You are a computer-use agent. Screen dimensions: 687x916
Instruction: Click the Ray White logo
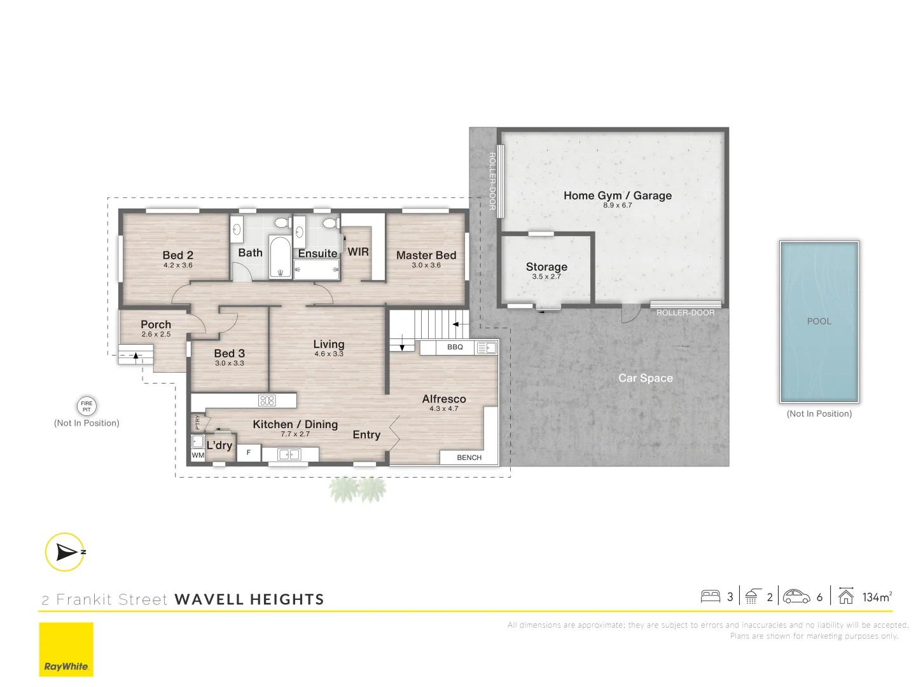pos(66,649)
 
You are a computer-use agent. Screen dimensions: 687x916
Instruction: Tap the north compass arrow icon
pos(65,552)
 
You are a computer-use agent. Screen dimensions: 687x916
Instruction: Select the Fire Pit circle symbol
pos(87,406)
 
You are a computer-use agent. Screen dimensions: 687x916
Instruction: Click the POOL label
pos(819,321)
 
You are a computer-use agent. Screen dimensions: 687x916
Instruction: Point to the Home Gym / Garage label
pos(617,196)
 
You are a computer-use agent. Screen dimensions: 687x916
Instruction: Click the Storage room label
pos(546,267)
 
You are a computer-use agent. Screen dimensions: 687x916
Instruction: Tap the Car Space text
pos(645,378)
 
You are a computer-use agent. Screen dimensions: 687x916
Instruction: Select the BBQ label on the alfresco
pos(455,347)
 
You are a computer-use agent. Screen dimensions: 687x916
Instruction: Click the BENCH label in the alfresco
pos(469,457)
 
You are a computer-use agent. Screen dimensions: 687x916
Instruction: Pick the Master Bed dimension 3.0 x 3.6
pos(426,265)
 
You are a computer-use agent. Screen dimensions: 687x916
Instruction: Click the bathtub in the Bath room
pos(280,258)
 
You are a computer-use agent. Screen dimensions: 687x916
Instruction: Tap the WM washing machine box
pos(198,455)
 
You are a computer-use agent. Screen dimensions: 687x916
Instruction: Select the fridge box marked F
pos(249,453)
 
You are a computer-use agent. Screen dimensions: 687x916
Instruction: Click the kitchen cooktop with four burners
pos(267,401)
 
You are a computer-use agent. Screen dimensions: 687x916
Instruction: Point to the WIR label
pos(358,252)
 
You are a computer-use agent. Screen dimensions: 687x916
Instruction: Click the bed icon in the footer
pos(710,597)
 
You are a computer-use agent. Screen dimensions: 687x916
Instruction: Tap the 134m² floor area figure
pos(877,597)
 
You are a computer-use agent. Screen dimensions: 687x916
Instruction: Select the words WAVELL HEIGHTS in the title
pos(249,599)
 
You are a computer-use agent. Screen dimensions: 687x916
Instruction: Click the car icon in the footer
pos(796,597)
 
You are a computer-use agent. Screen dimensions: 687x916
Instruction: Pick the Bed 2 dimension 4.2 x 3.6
pos(178,265)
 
